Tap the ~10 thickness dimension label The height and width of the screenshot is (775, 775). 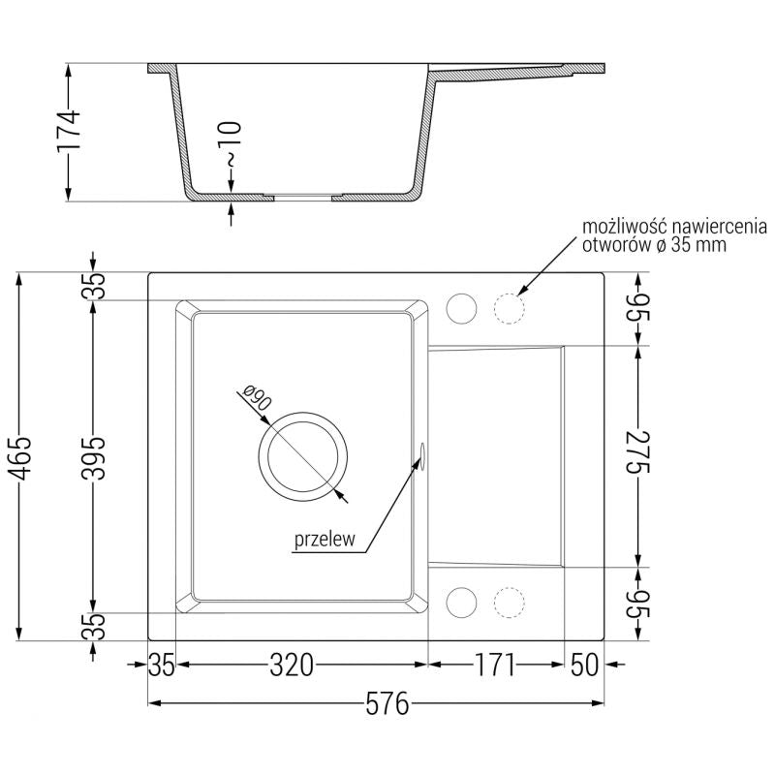[230, 145]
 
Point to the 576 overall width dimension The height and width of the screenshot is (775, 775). [375, 704]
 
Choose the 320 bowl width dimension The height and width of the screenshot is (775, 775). [292, 666]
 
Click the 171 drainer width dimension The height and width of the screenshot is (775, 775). [495, 666]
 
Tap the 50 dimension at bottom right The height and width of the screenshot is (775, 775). [585, 666]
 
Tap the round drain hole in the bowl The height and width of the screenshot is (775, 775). [302, 456]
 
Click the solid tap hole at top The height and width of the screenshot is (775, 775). [460, 308]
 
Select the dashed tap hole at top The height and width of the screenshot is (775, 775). [509, 308]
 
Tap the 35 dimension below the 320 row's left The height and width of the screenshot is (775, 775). [162, 666]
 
